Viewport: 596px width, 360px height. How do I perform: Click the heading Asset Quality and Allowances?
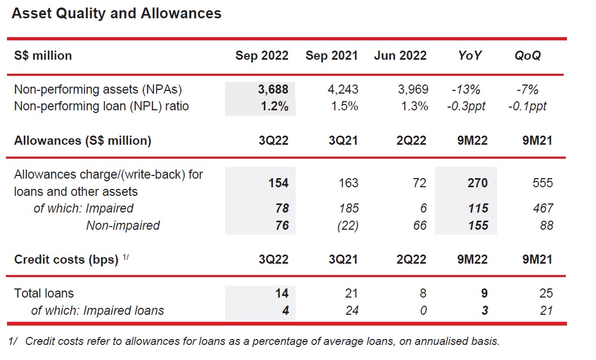click(116, 14)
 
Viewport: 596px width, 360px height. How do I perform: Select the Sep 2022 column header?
click(262, 55)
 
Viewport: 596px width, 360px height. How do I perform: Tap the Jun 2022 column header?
click(400, 55)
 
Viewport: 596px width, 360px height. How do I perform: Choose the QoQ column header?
click(528, 55)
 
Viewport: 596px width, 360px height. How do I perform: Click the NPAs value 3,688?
click(273, 90)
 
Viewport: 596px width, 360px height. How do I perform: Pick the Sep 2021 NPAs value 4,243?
click(343, 90)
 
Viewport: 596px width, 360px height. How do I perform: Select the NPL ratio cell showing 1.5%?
click(345, 106)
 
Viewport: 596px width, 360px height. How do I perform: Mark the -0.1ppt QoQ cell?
click(527, 106)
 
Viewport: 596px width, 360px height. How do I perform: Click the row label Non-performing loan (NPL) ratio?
click(101, 106)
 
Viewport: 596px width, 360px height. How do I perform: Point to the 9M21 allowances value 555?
click(542, 183)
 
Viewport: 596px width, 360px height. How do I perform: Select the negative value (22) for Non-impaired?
click(347, 225)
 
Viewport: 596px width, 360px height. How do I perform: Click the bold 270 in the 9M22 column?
click(477, 183)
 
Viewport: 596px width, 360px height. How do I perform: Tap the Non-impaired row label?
click(123, 225)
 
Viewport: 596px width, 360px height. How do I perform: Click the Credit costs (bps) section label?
click(66, 259)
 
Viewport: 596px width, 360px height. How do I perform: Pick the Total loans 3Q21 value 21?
click(351, 293)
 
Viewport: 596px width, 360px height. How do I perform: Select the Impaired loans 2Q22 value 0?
click(423, 310)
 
